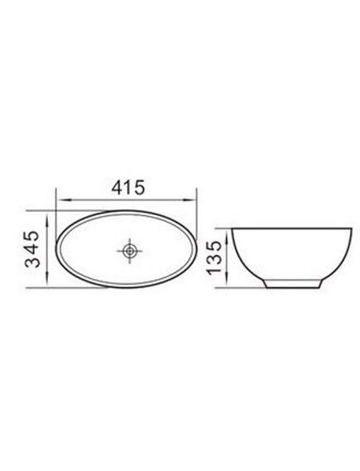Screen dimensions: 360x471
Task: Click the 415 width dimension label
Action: click(x=128, y=188)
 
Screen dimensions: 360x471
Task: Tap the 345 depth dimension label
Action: click(x=32, y=249)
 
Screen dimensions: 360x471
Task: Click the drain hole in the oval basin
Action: click(x=129, y=251)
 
